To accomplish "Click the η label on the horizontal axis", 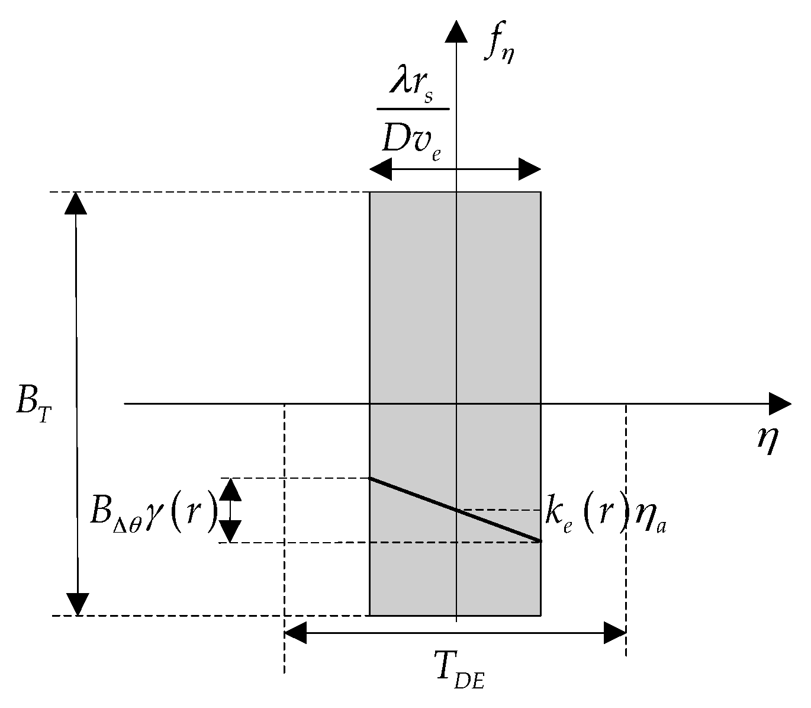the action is pos(767,440).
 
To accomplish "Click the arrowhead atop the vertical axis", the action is pos(455,32).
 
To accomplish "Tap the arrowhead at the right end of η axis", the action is pos(780,403).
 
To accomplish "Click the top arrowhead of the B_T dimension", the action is pos(76,204).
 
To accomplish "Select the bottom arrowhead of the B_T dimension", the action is pos(76,604).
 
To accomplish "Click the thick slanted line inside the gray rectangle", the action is pos(455,510).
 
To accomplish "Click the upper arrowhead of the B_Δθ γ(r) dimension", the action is pos(231,489).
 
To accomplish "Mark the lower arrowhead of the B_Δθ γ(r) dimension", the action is pos(231,531).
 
